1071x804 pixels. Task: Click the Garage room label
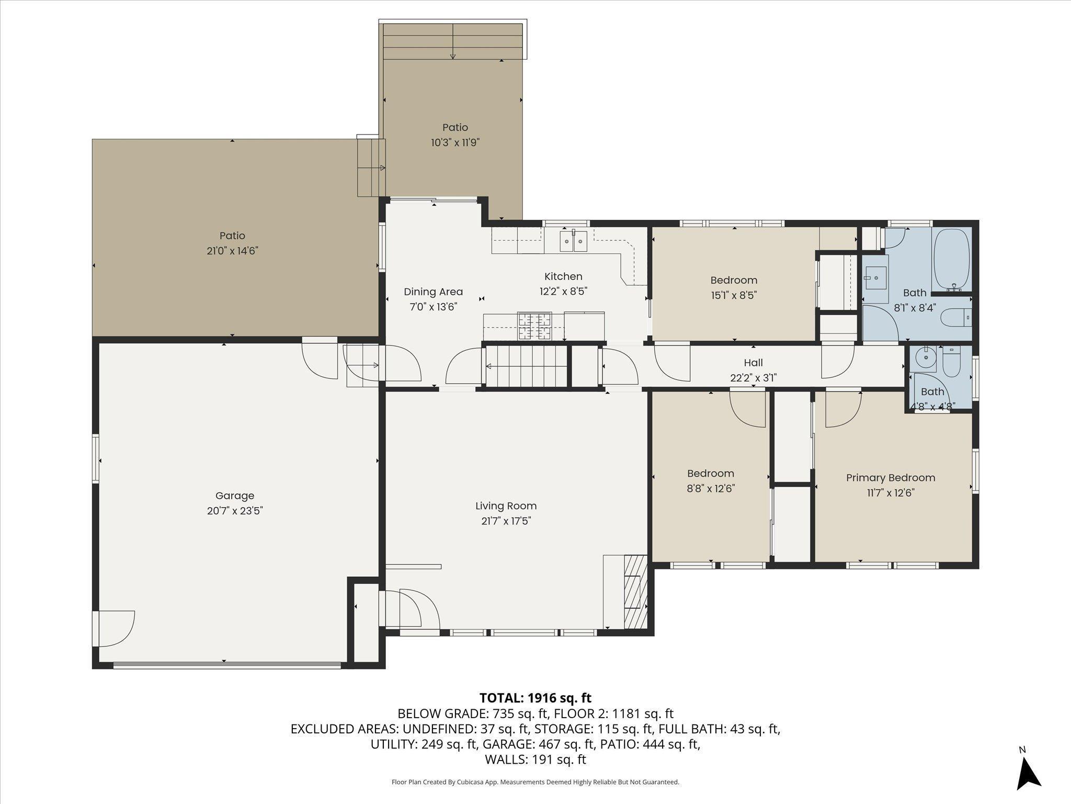pos(235,495)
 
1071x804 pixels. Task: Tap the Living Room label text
pos(506,506)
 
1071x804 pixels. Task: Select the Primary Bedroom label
pos(891,477)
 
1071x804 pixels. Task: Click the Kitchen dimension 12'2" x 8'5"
pos(563,292)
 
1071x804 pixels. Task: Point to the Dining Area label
pos(433,292)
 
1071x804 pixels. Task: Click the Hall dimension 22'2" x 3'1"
pos(753,377)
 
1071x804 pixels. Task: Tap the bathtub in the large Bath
pos(952,259)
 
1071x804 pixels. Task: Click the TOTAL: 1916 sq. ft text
pos(535,698)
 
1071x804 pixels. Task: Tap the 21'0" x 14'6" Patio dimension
pos(232,251)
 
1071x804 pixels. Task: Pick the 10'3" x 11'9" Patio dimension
pos(455,142)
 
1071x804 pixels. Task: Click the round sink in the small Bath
pos(925,358)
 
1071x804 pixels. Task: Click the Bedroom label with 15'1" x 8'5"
pos(734,280)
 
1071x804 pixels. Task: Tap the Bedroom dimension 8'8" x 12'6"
pos(711,488)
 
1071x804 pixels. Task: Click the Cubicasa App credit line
pos(535,782)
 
